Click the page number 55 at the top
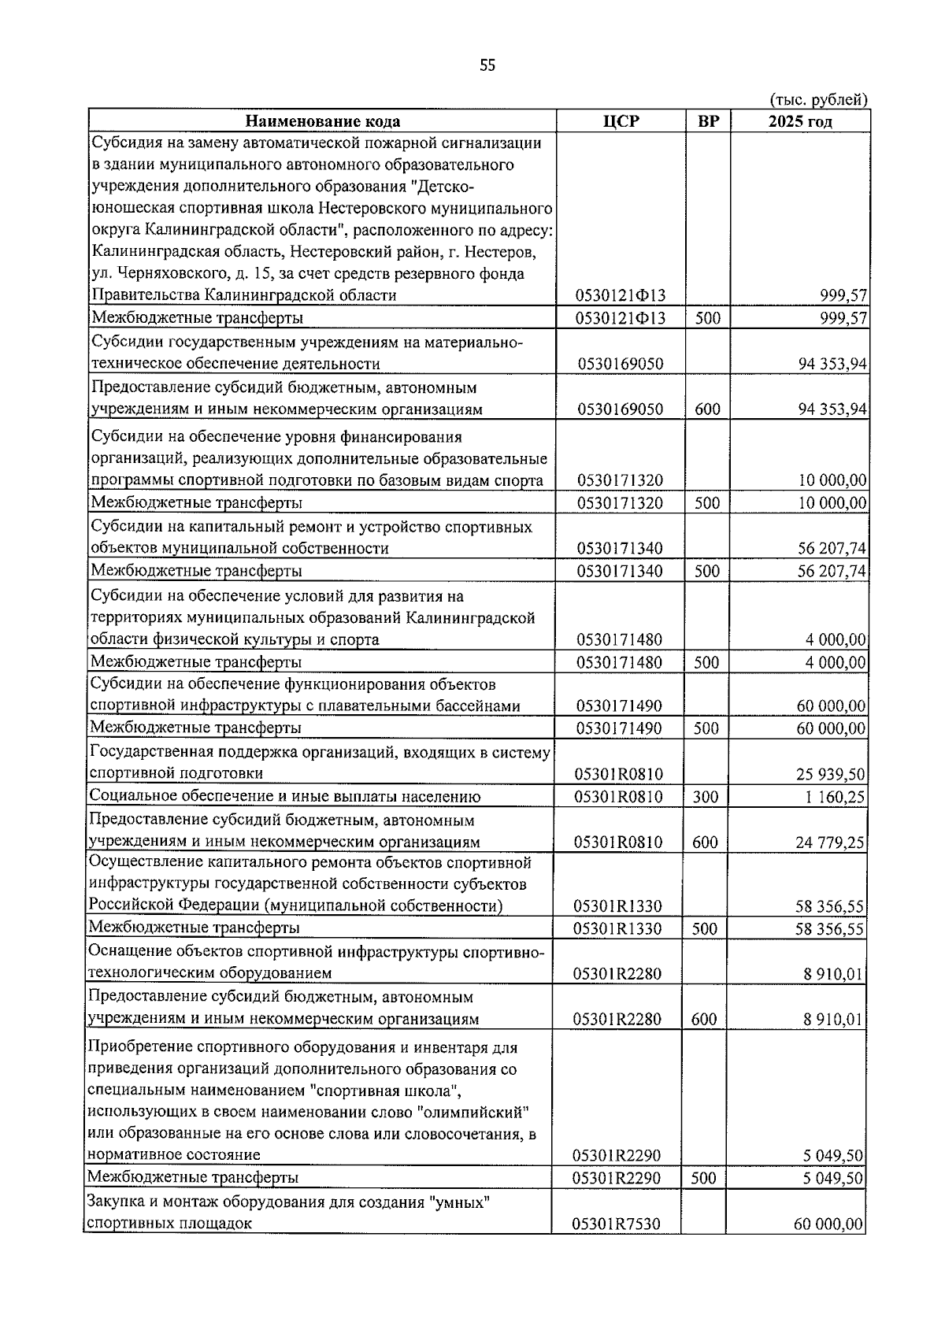click(487, 66)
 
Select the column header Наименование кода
click(322, 121)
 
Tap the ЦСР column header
click(621, 121)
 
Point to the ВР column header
click(708, 121)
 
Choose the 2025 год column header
click(800, 121)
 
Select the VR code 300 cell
click(706, 797)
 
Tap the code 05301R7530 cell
click(617, 1246)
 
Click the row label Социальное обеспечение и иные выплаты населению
click(284, 797)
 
